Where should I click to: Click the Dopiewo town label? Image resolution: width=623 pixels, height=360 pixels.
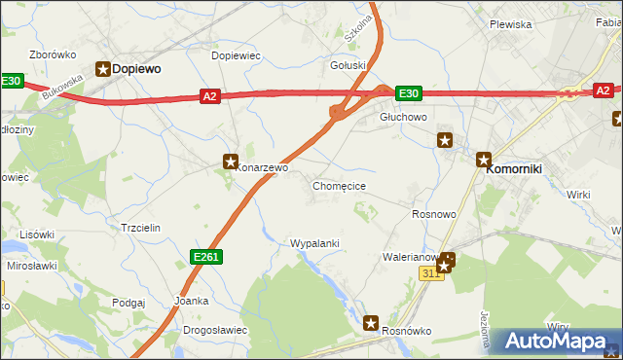(136, 69)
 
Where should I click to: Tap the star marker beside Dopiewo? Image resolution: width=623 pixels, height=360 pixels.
(103, 68)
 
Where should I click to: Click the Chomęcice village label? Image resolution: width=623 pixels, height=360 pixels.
(339, 185)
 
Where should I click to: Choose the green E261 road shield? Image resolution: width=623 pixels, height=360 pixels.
(205, 256)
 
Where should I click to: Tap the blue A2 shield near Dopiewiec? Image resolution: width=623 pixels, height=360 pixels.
(209, 95)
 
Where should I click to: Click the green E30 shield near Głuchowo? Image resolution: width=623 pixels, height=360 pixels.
(409, 93)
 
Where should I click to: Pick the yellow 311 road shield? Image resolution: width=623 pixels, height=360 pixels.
(432, 274)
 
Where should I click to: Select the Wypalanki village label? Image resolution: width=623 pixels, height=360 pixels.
(314, 242)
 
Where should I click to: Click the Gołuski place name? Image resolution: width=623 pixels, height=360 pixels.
(348, 66)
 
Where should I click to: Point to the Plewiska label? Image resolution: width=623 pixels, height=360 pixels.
(510, 24)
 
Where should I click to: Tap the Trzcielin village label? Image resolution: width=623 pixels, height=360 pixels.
(139, 228)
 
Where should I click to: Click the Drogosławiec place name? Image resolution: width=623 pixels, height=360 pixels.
(214, 330)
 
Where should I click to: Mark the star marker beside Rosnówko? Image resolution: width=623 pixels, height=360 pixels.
(371, 322)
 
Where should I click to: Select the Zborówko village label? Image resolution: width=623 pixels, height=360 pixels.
(54, 54)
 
